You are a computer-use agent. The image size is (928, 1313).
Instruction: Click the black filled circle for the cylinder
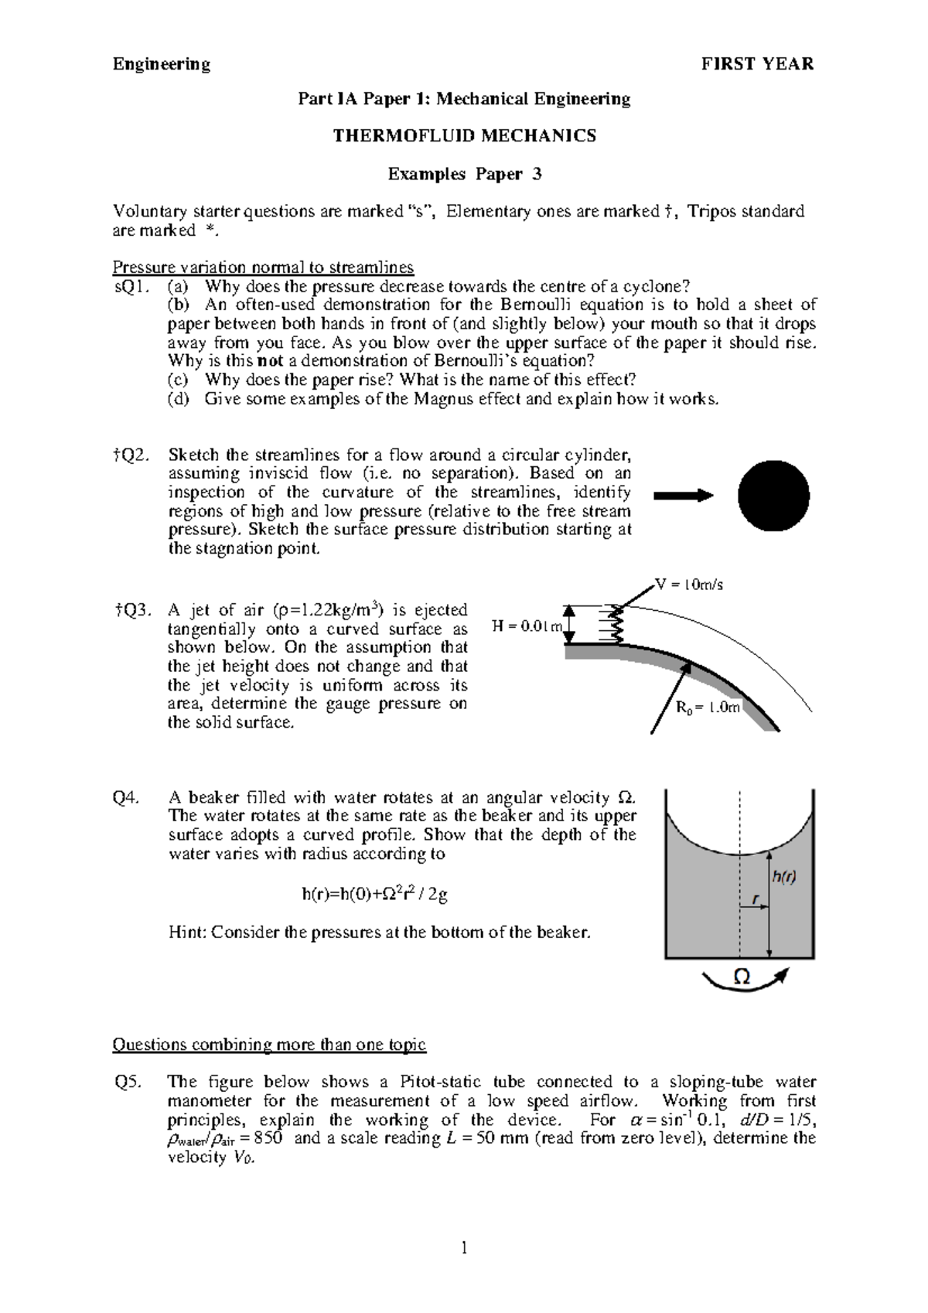(773, 496)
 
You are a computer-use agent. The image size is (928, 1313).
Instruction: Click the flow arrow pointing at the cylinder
(682, 496)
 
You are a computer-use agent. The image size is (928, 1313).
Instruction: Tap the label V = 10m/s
(688, 585)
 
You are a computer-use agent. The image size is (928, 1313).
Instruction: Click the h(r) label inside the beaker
(783, 876)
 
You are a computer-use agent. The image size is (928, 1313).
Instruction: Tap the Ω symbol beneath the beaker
(741, 977)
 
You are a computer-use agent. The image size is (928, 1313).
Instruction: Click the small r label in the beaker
(754, 899)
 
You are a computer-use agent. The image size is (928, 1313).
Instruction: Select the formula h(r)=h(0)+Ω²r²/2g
(374, 895)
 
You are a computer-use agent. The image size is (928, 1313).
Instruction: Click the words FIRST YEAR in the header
(757, 64)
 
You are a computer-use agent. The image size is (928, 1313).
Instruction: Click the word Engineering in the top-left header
(162, 64)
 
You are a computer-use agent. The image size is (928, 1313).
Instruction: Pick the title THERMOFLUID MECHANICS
(464, 136)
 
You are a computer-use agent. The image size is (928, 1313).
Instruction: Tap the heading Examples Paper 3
(464, 174)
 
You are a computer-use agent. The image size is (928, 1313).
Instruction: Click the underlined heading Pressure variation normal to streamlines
(263, 268)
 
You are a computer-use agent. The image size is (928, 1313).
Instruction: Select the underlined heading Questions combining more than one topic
(269, 1045)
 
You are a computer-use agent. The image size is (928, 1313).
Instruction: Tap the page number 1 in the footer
(464, 1246)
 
